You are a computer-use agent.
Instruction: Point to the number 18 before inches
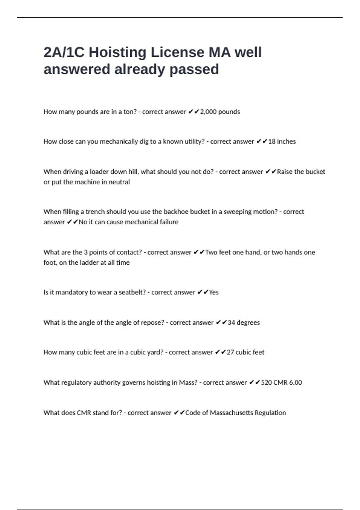point(271,142)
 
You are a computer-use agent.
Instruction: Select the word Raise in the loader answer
point(284,172)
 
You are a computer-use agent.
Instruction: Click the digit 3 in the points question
point(86,252)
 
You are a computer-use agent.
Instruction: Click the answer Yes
point(214,292)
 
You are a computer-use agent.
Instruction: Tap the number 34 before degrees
point(231,322)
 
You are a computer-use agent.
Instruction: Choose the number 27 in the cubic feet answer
point(230,352)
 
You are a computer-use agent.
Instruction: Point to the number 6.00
point(295,382)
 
